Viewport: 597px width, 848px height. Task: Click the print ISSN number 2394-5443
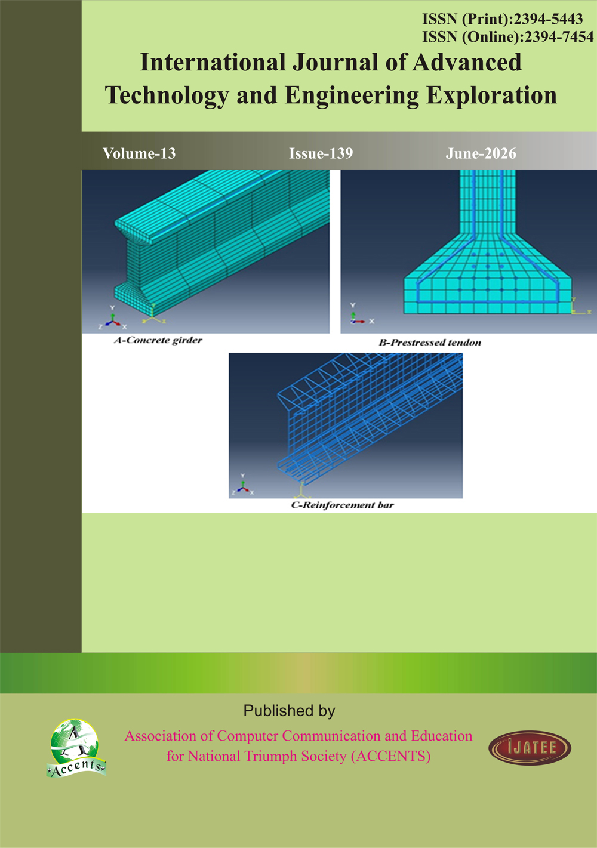pyautogui.click(x=548, y=19)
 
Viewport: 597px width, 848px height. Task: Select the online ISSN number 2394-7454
pyautogui.click(x=559, y=37)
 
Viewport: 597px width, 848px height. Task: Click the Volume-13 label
pyautogui.click(x=139, y=153)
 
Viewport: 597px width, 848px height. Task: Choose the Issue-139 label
pyautogui.click(x=321, y=153)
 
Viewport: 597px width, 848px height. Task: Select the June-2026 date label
pyautogui.click(x=481, y=153)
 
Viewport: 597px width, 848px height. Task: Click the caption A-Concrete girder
pyautogui.click(x=158, y=340)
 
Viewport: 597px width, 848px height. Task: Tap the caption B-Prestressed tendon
pyautogui.click(x=430, y=343)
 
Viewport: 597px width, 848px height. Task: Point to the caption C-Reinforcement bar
pyautogui.click(x=343, y=505)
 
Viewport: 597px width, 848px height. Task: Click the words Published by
pyautogui.click(x=289, y=711)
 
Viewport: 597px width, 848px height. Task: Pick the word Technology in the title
pyautogui.click(x=167, y=95)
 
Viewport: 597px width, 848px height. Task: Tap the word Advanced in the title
pyautogui.click(x=467, y=63)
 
